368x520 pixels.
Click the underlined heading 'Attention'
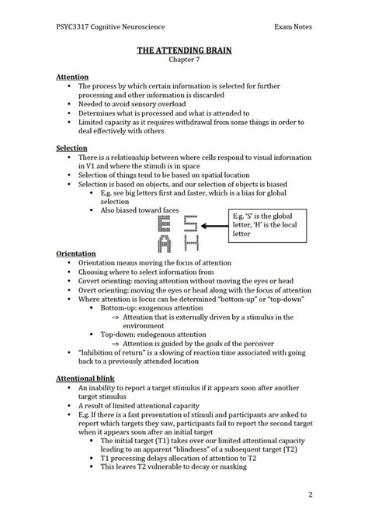(72, 78)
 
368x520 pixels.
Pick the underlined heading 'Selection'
(72, 147)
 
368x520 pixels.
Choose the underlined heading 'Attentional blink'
(85, 376)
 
